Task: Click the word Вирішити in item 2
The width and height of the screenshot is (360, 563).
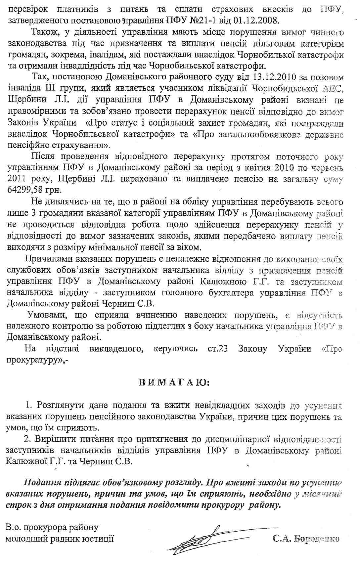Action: click(x=53, y=439)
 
